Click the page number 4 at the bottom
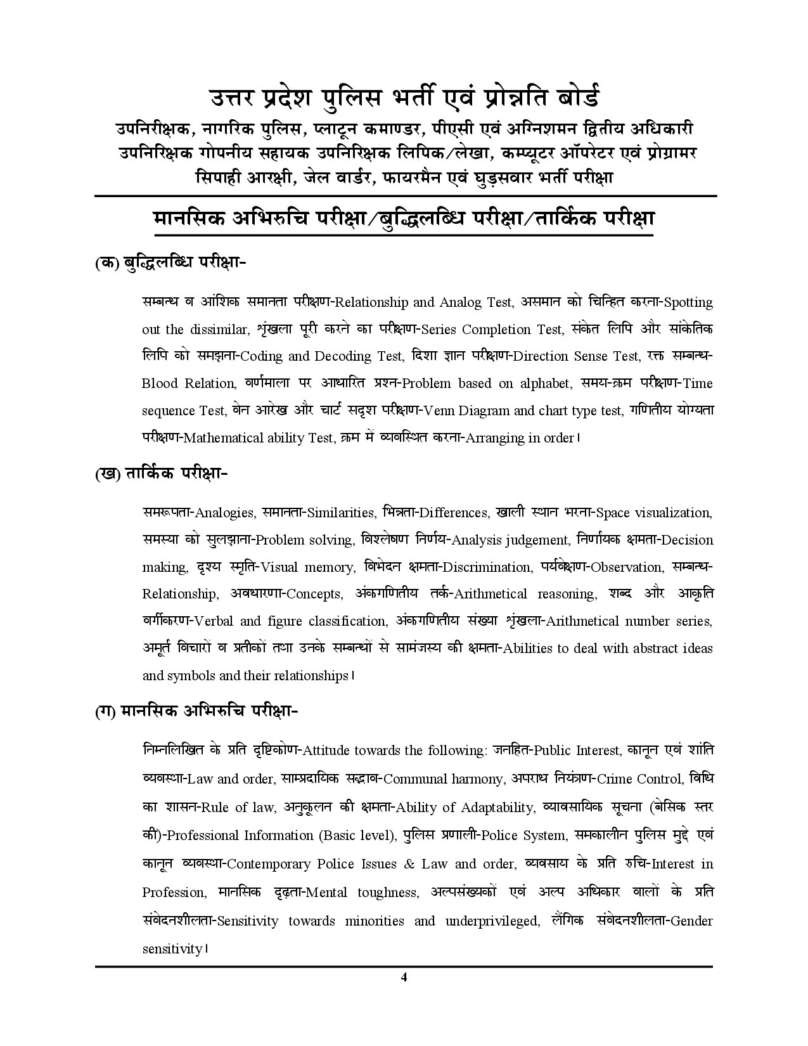404,977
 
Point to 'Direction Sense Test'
575,356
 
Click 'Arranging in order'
520,438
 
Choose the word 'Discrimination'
486,567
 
